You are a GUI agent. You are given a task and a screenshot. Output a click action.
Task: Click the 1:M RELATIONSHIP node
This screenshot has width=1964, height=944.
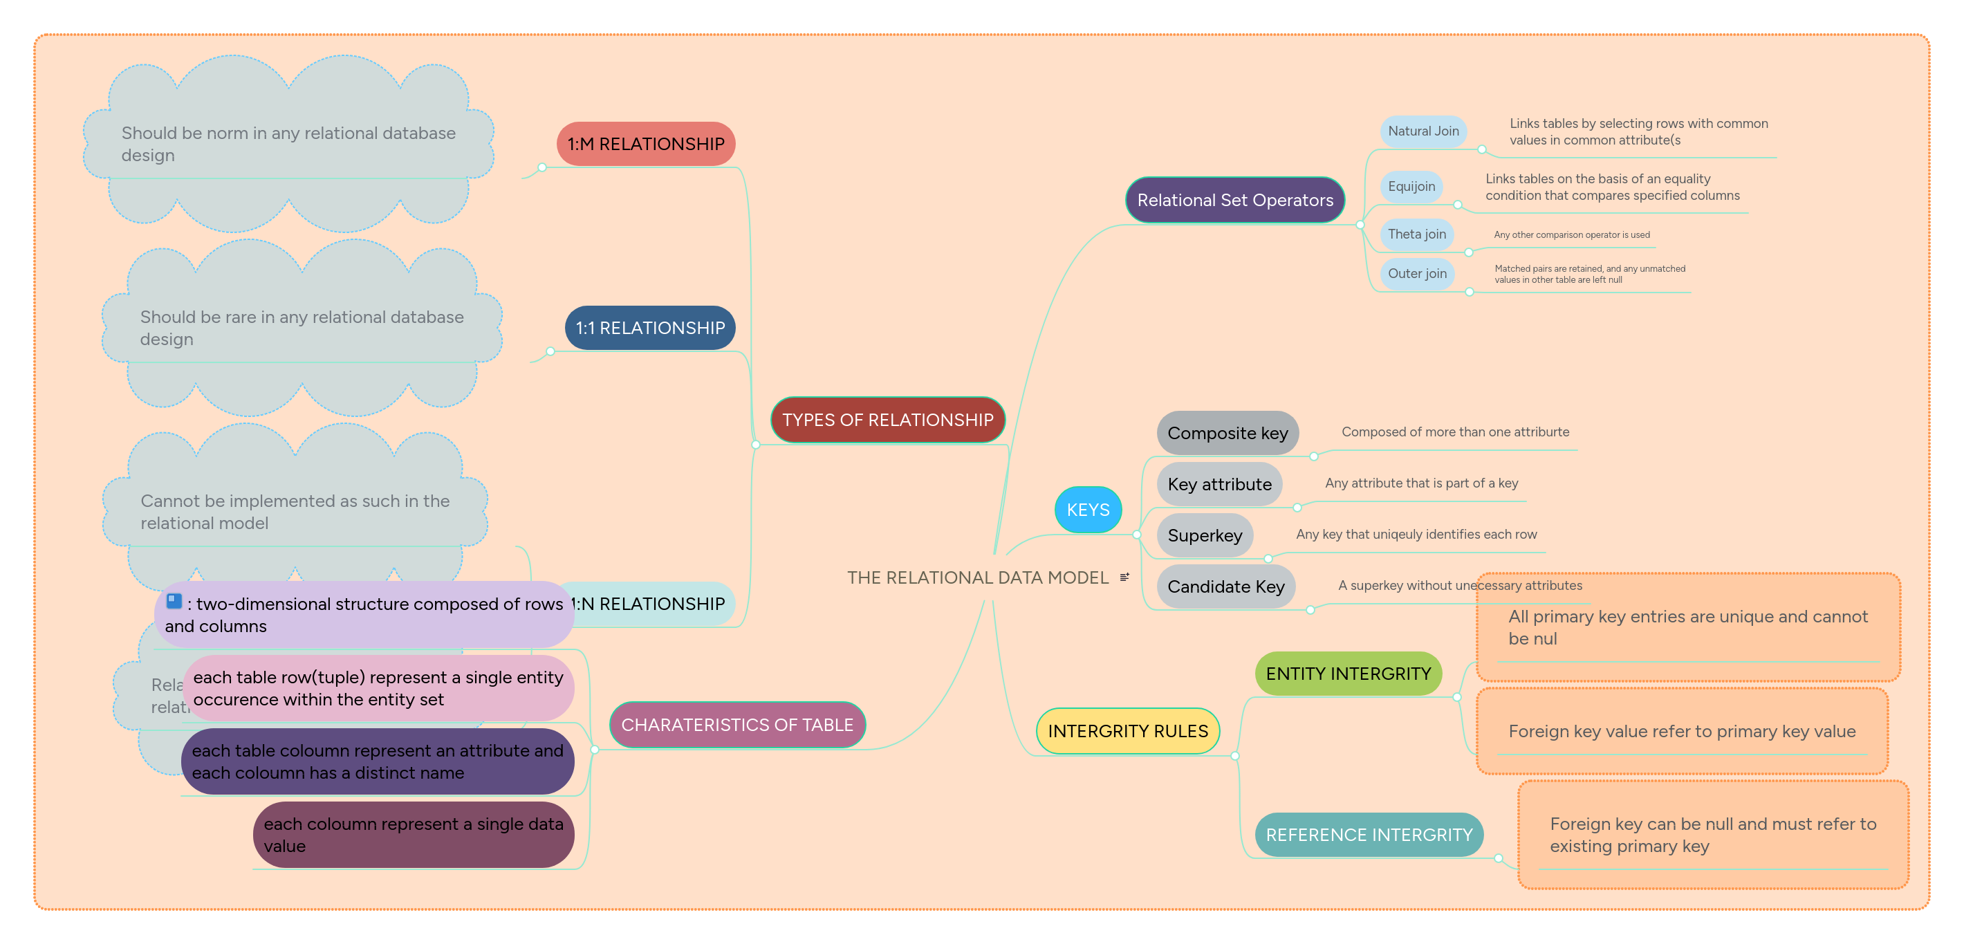click(645, 143)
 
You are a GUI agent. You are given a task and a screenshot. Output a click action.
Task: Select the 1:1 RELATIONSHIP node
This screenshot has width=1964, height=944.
click(649, 328)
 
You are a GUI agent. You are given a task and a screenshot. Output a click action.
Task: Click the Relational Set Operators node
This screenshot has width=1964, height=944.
click(1234, 200)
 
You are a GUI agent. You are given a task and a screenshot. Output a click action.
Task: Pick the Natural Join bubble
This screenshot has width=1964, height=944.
click(1423, 131)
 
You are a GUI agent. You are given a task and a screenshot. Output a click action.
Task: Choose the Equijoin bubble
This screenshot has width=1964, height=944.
click(1411, 187)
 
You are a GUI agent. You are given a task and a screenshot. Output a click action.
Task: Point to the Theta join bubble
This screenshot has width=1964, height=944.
click(1416, 234)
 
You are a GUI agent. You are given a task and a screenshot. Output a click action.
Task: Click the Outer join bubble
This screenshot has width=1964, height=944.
click(1416, 274)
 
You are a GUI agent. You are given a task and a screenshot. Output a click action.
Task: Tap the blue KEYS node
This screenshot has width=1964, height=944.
click(1087, 510)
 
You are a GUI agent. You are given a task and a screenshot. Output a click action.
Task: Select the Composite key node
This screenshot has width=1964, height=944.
click(1227, 433)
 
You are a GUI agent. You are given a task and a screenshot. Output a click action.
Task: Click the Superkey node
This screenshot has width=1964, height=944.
click(1204, 535)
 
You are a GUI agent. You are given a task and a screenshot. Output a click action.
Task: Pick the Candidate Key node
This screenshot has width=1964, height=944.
click(1225, 586)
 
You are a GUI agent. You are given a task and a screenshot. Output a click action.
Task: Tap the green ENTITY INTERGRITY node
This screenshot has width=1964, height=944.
click(1347, 674)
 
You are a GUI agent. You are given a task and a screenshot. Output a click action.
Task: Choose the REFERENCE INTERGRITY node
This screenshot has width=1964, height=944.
click(1369, 834)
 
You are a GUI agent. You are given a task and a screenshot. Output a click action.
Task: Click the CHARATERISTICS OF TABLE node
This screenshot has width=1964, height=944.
click(736, 724)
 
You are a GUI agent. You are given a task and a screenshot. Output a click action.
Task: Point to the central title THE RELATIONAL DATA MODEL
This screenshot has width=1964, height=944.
click(976, 577)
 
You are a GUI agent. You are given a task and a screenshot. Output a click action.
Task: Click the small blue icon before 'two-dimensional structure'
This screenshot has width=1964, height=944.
click(174, 601)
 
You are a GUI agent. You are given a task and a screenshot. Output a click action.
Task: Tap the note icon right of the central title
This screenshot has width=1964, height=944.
click(1124, 577)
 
